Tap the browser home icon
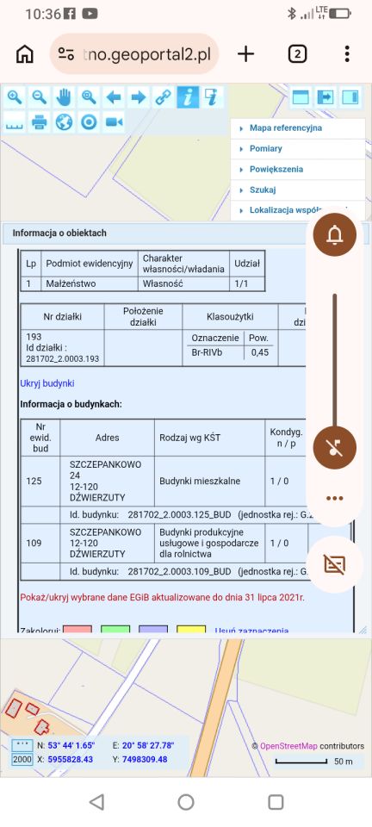25,54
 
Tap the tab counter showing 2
296,54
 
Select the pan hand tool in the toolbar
64,97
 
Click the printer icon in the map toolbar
39,122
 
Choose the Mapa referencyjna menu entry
285,128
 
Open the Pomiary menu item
265,149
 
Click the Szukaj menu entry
263,190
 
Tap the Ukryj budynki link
47,382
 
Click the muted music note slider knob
335,448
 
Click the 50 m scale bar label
344,762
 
